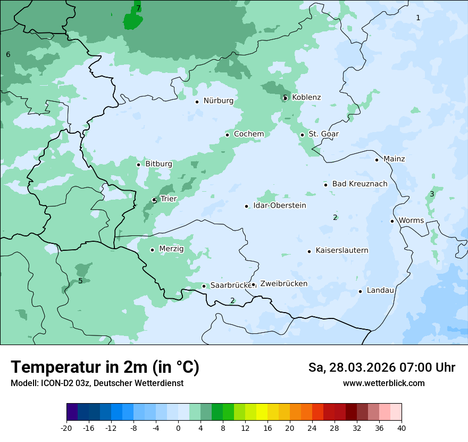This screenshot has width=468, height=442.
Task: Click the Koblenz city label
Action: (306, 97)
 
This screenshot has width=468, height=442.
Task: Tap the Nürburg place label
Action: (218, 101)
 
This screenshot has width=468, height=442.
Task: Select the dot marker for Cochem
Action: (227, 135)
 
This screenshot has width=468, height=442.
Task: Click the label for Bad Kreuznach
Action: (360, 184)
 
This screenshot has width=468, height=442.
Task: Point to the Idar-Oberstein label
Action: (280, 206)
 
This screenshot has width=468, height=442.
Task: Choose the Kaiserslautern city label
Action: (341, 250)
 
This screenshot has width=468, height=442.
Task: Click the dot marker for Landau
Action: (360, 291)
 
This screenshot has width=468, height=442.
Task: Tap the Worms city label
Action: (411, 220)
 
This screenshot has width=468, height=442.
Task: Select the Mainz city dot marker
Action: (377, 160)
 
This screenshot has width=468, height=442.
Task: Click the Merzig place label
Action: (171, 249)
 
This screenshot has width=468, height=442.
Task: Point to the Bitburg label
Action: (158, 164)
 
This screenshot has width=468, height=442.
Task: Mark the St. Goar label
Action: (323, 134)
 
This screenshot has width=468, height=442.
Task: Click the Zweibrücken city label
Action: (283, 284)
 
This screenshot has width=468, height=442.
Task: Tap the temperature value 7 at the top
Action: (138, 9)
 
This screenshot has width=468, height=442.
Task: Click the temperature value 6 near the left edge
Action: (8, 54)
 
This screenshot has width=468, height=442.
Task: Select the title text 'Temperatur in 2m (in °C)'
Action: (105, 367)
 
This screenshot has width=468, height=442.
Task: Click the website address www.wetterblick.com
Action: (383, 383)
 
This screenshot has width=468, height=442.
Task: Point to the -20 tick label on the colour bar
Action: (66, 428)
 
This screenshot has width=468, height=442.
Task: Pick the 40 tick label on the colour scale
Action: (402, 428)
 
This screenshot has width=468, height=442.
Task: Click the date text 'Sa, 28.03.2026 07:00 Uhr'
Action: (381, 367)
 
